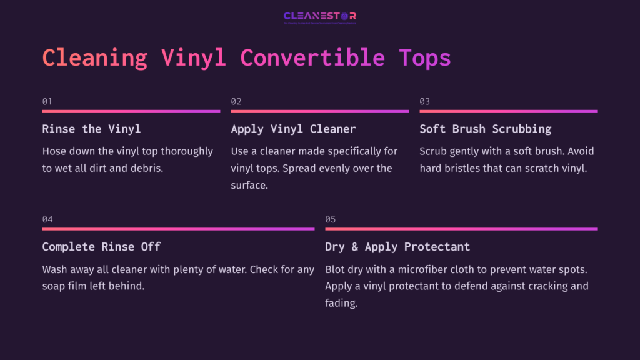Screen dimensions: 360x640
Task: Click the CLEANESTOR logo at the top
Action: click(320, 16)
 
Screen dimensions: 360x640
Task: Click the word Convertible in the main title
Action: click(312, 58)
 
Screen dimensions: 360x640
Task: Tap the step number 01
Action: click(47, 101)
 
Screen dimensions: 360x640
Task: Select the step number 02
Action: click(236, 101)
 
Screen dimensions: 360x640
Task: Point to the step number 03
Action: click(425, 101)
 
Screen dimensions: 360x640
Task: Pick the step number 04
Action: click(47, 219)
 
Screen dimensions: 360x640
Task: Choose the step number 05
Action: click(331, 219)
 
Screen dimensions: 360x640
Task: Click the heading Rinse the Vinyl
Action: click(91, 129)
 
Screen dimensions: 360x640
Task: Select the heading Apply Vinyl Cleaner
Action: click(293, 129)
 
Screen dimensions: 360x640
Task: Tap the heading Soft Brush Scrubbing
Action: click(485, 129)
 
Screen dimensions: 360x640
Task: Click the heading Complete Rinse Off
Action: click(101, 247)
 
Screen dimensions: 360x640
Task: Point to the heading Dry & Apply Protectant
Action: click(397, 247)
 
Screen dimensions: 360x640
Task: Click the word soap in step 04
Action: click(54, 286)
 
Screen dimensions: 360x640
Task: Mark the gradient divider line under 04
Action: click(178, 229)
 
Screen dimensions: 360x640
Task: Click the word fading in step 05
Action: click(341, 303)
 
